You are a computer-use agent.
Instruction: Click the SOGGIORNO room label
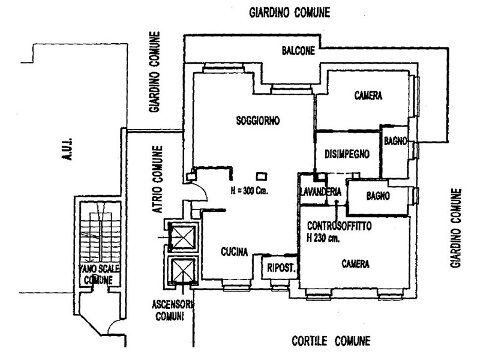258,121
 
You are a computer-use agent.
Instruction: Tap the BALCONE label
298,50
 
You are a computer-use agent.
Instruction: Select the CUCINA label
234,251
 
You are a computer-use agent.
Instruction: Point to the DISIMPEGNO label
347,154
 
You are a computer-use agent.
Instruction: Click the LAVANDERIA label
320,192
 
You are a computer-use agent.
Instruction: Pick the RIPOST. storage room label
281,268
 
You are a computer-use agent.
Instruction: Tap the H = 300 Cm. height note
249,191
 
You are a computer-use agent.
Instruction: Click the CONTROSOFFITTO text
340,226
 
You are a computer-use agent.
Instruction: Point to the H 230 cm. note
323,238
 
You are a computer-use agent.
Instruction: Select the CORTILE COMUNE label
331,341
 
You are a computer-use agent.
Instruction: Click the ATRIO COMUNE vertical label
157,179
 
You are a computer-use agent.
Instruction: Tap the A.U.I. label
67,149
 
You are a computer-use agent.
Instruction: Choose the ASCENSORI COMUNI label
172,310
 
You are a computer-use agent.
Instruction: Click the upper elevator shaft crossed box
182,237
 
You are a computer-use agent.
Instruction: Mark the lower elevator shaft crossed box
182,271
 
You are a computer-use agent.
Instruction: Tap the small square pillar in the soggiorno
262,176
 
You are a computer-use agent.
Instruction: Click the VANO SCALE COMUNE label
99,274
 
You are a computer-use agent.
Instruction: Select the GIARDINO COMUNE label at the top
290,13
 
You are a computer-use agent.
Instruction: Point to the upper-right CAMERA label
368,95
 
